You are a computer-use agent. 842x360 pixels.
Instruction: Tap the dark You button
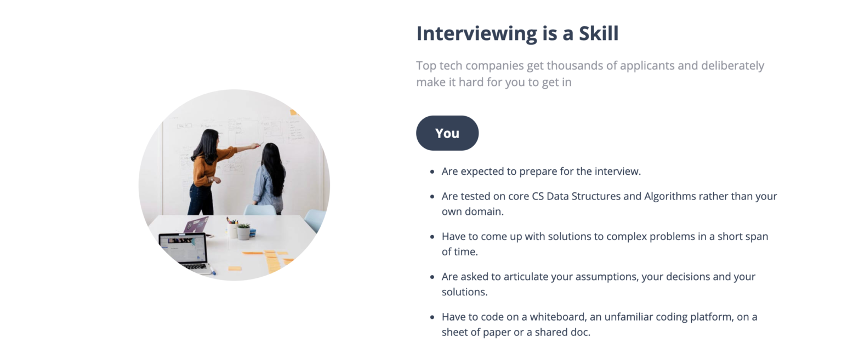[447, 133]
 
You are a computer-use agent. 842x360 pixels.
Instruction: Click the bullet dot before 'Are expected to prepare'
[433, 172]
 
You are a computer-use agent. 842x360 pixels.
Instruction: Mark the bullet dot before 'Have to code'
[433, 317]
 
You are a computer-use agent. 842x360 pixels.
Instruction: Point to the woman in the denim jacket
[270, 178]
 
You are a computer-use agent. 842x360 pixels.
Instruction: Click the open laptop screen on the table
[183, 248]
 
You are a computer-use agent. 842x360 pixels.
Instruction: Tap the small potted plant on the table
[244, 231]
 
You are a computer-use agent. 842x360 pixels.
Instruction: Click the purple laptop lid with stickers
[196, 225]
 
